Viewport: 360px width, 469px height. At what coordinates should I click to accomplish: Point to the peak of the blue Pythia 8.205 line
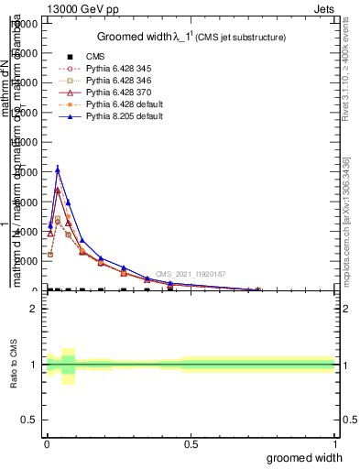[58, 169]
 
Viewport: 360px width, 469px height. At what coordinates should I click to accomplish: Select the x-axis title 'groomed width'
[311, 457]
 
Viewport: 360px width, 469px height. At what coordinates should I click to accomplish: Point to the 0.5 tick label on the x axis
[191, 443]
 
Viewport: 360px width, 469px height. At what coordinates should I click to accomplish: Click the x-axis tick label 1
[334, 443]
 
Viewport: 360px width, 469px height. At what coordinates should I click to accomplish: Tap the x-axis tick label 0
[47, 443]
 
